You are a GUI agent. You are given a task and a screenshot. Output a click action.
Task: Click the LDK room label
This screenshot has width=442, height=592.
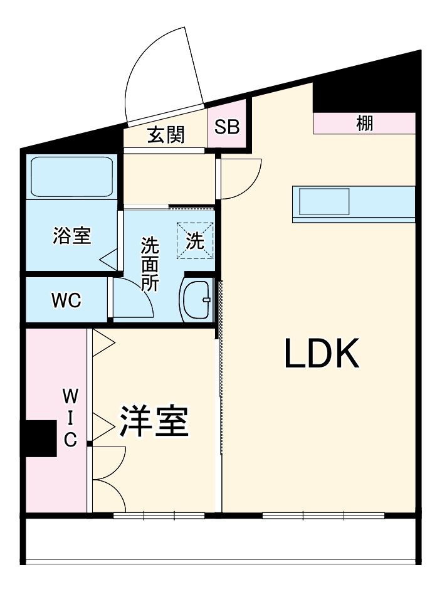coord(322,354)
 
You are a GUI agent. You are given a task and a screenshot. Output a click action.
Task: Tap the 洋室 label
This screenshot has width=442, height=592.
coord(154,421)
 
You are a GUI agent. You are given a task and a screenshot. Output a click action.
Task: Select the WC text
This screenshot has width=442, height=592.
coord(66,301)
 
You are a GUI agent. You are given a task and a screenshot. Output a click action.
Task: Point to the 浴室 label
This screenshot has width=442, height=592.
coord(71,236)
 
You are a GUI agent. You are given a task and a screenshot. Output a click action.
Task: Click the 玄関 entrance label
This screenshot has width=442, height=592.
coord(166,135)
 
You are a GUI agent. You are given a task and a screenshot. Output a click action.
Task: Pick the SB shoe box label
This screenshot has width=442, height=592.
coord(227,127)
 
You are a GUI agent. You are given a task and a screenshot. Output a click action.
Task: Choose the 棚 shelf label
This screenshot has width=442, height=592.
coord(365,123)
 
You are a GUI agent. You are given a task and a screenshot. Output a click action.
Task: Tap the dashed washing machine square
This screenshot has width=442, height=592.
coord(195,240)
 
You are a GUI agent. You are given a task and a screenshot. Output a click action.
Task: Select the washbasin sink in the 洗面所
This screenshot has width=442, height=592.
coord(197,300)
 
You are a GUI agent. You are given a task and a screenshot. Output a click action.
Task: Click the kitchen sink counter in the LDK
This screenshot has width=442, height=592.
coord(353,203)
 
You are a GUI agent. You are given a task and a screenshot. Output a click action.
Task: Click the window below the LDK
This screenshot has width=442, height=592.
coord(323,516)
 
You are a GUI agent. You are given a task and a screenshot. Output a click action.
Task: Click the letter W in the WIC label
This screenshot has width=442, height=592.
coord(70,395)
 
